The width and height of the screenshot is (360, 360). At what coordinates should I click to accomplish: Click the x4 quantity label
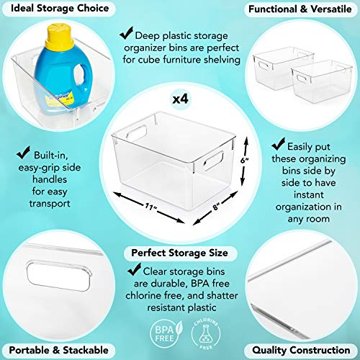(x=181, y=99)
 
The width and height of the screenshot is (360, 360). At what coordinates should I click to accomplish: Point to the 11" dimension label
(x=150, y=207)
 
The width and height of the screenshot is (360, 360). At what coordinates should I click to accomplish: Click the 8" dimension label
(x=216, y=206)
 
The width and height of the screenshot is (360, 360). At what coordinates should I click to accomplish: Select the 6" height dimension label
(x=245, y=160)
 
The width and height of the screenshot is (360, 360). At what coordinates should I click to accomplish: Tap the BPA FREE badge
(x=166, y=333)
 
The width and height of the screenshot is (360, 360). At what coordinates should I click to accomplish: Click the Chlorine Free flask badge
(x=206, y=333)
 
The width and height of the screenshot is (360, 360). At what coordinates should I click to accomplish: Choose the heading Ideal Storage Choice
(x=60, y=8)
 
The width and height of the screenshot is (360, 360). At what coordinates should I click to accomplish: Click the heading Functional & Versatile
(x=300, y=9)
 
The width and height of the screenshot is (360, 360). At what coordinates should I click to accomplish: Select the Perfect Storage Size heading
(x=180, y=253)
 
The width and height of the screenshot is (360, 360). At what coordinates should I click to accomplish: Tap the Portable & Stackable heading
(x=58, y=350)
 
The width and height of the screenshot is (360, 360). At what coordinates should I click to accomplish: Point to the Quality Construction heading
(x=301, y=350)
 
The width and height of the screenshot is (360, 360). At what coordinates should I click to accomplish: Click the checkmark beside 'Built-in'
(x=23, y=153)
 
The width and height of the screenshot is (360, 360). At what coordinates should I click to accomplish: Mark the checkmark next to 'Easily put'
(x=279, y=144)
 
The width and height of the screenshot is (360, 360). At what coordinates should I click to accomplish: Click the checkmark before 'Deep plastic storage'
(x=127, y=33)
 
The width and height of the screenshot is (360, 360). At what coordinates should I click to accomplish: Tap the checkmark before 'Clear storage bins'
(x=135, y=269)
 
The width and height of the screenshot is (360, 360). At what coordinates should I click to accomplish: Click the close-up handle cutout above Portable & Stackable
(x=59, y=276)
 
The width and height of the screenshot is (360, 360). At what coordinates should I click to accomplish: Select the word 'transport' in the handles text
(x=50, y=204)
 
